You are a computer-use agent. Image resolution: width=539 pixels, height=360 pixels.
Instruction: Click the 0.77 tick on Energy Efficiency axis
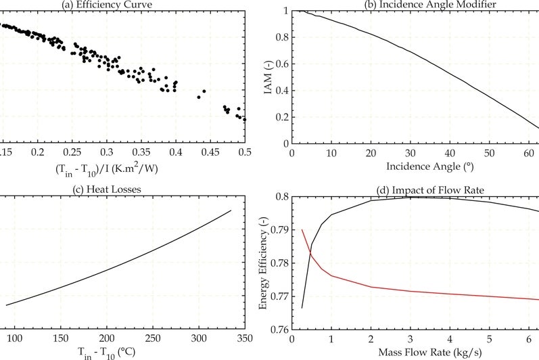point(278,296)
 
